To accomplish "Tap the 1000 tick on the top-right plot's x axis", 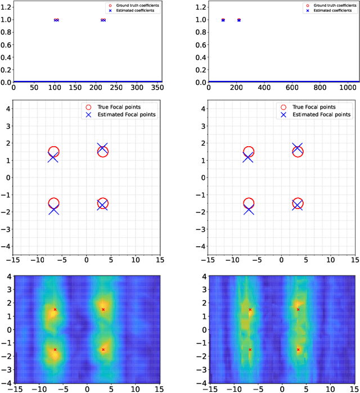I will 344,88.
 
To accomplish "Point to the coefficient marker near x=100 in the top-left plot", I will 56,20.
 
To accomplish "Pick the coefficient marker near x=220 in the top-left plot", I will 103,20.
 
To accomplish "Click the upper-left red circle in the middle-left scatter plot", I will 53,152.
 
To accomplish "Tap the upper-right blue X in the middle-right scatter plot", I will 297,148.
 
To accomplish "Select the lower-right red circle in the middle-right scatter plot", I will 298,204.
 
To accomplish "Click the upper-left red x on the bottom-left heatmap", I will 55,309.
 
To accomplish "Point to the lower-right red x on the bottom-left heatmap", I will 103,349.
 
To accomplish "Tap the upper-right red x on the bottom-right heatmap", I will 298,309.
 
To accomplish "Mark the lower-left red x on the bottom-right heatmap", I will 250,349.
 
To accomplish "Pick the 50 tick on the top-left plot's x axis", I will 34,88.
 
